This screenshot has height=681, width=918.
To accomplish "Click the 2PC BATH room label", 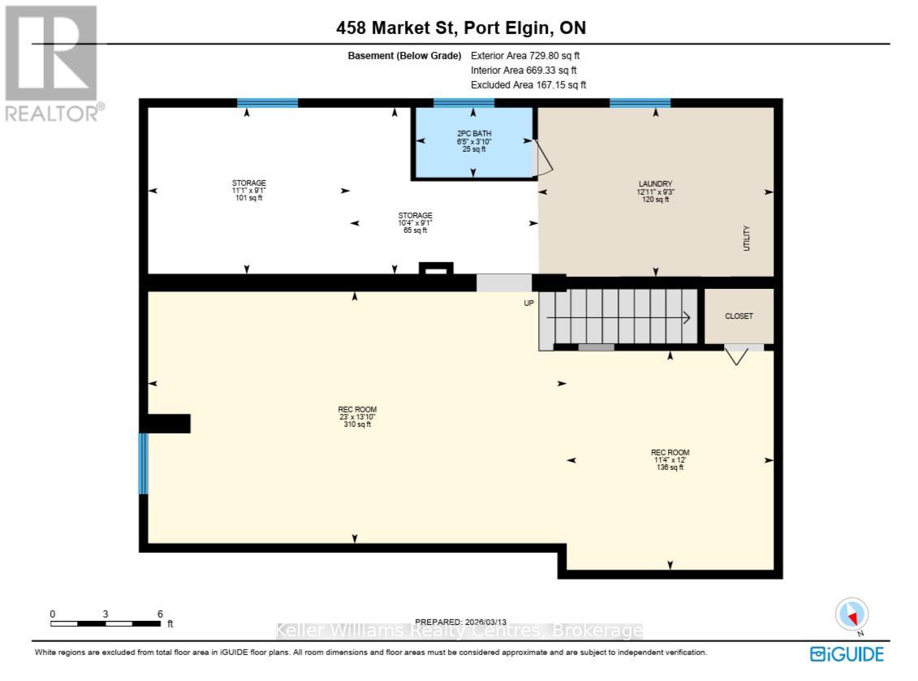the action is click(474, 141).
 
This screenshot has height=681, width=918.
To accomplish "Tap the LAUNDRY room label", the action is click(655, 192).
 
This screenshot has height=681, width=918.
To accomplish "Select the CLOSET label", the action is click(739, 317).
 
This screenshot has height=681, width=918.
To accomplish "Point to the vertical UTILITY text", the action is click(747, 239).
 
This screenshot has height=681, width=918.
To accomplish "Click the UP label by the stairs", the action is click(528, 304).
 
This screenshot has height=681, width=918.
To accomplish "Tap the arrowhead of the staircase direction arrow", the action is click(687, 318).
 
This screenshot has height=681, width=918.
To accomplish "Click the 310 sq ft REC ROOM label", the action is click(357, 417).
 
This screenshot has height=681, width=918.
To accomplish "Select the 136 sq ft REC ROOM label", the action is click(670, 459).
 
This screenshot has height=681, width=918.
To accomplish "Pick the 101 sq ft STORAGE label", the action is click(249, 190).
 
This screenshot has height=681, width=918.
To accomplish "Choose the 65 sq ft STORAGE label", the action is click(415, 222).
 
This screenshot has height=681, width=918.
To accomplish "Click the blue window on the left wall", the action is click(143, 463).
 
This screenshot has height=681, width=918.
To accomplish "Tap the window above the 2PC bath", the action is click(463, 103).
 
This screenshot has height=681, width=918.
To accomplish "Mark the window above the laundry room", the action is click(640, 103).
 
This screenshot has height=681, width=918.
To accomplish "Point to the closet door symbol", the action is click(736, 355).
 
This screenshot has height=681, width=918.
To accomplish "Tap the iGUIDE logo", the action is click(847, 654).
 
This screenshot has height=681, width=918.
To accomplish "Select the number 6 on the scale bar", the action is click(160, 614).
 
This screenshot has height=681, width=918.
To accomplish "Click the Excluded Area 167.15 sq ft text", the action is click(528, 85).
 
